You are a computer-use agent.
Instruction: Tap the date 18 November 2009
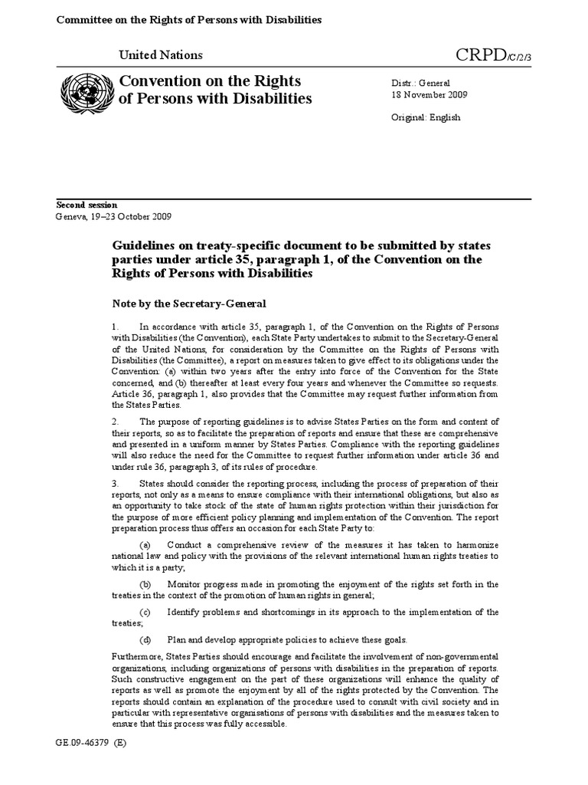(x=430, y=95)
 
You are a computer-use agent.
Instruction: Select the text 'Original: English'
(x=426, y=118)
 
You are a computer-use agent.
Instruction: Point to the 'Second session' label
(x=87, y=205)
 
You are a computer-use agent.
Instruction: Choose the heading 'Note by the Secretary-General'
(x=190, y=304)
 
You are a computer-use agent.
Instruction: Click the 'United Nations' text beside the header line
(x=161, y=55)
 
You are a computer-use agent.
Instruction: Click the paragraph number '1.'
(x=116, y=328)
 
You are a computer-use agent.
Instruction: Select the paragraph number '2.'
(x=116, y=422)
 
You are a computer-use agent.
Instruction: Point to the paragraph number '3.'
(x=116, y=484)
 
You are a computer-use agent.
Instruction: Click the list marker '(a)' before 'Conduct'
(x=145, y=544)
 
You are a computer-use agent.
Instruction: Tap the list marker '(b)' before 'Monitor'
(x=145, y=584)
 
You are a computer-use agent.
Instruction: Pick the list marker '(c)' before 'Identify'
(x=145, y=613)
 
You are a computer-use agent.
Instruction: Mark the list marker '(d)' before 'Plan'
(x=145, y=640)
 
